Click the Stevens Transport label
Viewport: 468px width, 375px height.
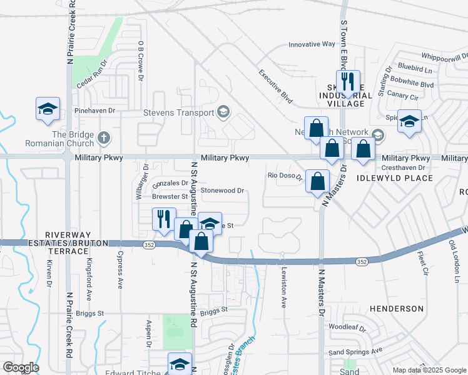click(x=178, y=113)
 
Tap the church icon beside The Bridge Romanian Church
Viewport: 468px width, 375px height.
click(x=104, y=137)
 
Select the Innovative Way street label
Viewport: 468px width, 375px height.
click(x=312, y=44)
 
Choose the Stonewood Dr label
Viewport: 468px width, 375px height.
click(x=221, y=190)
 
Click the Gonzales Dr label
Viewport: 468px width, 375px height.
click(x=170, y=183)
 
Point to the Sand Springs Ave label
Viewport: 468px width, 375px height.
click(x=355, y=352)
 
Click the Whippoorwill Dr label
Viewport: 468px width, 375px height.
click(x=445, y=57)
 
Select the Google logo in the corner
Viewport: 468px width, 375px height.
click(x=21, y=367)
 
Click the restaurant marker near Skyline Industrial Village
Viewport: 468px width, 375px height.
click(x=348, y=82)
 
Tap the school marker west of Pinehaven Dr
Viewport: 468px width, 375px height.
click(x=48, y=109)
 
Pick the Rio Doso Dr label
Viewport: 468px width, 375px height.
click(x=285, y=176)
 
